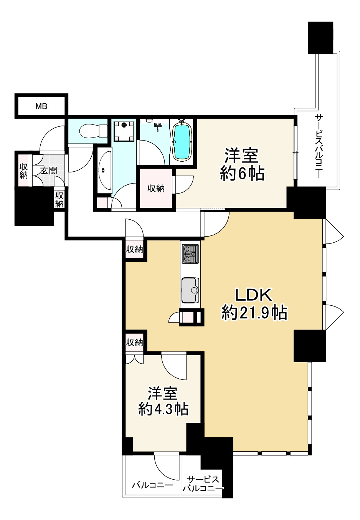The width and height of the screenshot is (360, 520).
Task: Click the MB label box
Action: (x=41, y=106)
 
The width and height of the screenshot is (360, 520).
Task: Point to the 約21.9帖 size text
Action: (x=254, y=313)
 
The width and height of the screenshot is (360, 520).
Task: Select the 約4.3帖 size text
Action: (x=163, y=409)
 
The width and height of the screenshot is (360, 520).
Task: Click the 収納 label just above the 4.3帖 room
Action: (x=134, y=342)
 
